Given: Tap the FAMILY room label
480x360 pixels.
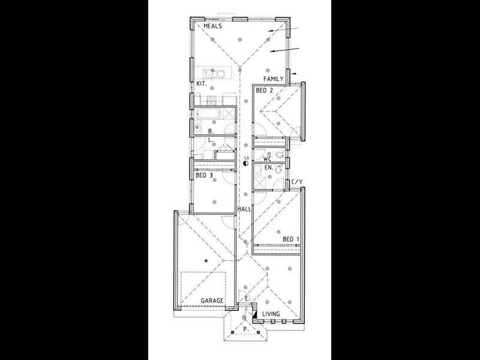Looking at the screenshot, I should (x=273, y=79).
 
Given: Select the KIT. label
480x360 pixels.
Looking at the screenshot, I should (x=201, y=84).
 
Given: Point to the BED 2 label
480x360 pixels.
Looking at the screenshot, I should (x=264, y=91).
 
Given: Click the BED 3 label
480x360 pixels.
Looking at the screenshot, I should (x=204, y=176).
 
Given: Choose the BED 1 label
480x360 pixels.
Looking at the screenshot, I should (x=291, y=239).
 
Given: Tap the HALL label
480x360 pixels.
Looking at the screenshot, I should (x=244, y=209).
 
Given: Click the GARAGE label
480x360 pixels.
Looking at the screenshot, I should (x=212, y=300).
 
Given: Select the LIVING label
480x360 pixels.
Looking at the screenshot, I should (x=271, y=313).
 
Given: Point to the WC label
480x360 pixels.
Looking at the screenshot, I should (x=268, y=159).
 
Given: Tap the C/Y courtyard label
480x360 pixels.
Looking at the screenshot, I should (x=296, y=181).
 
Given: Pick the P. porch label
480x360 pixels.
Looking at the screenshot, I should (x=245, y=329).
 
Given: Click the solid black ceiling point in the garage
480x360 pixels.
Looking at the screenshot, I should (x=206, y=260).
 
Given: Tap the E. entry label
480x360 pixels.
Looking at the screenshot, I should (x=247, y=298).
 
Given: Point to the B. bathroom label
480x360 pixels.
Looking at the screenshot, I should (x=211, y=130).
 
